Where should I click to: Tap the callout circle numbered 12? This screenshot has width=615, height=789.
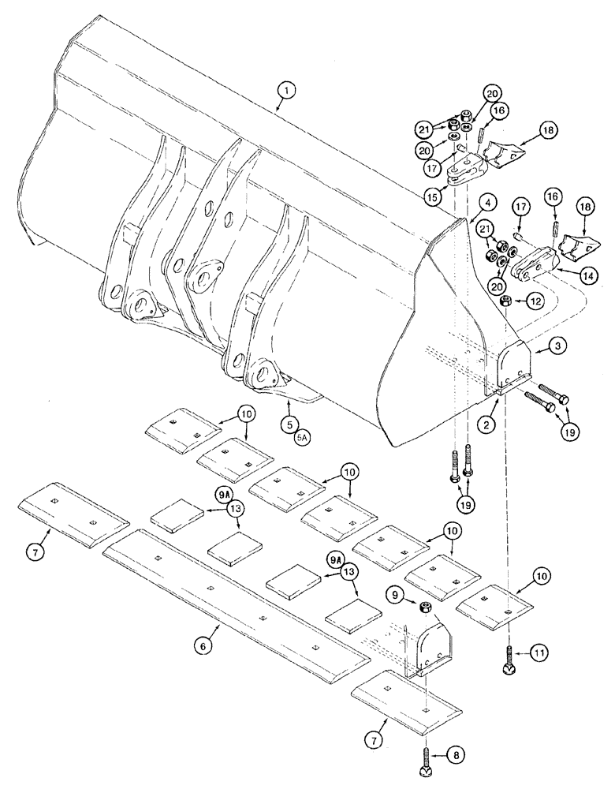click(x=534, y=301)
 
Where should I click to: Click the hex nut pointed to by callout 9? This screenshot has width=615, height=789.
click(x=423, y=607)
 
